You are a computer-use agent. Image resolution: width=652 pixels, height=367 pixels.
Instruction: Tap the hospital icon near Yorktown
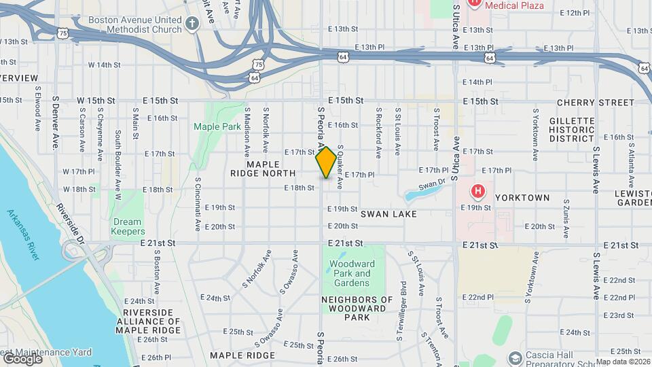[478, 192]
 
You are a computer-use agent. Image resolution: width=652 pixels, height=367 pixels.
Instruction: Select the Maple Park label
[217, 126]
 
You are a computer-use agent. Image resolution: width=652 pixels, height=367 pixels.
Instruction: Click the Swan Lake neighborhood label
[388, 214]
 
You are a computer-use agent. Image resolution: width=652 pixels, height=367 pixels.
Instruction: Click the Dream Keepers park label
[127, 226]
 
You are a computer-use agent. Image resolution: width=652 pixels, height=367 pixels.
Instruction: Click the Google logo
[22, 358]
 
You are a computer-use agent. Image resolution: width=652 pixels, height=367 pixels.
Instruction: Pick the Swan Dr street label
[431, 184]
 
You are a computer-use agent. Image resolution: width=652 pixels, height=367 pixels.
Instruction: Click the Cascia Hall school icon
[515, 357]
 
